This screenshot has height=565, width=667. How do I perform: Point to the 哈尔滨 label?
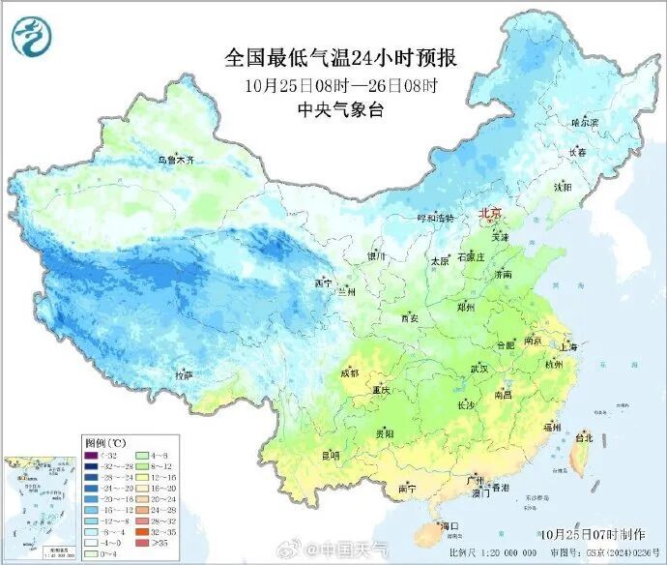point(585,123)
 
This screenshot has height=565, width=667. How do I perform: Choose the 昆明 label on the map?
point(331,454)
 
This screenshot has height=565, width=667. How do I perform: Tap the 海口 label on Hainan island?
point(448,525)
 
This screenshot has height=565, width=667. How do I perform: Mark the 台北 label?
point(584,437)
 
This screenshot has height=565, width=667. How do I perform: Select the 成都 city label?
point(349,372)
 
